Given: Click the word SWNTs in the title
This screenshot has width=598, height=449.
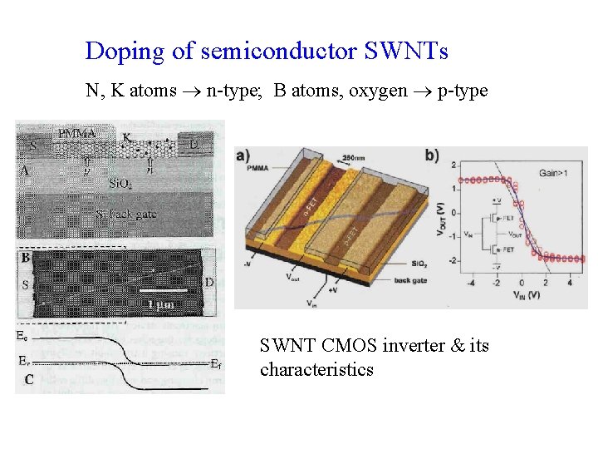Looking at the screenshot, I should (406, 52).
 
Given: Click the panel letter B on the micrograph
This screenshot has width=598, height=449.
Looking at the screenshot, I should (27, 259).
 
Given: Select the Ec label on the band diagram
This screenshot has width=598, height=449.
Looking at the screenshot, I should (23, 336).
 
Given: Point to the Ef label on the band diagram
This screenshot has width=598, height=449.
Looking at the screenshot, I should (215, 363).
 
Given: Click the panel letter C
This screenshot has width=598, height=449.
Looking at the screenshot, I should (29, 380).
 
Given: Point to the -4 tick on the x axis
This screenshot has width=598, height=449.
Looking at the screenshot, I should (470, 284).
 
